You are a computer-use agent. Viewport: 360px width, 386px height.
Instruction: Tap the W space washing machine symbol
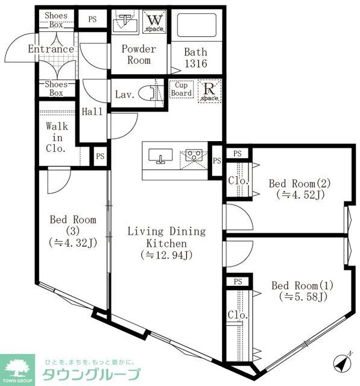(152, 22)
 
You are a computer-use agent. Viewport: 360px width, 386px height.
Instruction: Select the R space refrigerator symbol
(209, 92)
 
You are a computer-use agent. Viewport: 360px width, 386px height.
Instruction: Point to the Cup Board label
(182, 89)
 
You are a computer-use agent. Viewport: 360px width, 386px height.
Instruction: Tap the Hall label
(92, 112)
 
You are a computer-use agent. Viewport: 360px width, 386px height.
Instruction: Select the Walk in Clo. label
(57, 137)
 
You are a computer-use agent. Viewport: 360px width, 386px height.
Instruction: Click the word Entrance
(51, 49)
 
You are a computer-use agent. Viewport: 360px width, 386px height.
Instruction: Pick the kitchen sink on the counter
(160, 156)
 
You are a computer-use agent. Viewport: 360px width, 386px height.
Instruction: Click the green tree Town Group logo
(18, 366)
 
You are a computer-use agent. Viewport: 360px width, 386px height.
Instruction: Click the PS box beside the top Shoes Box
(92, 19)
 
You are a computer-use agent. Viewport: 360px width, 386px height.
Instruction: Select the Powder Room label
(139, 55)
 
